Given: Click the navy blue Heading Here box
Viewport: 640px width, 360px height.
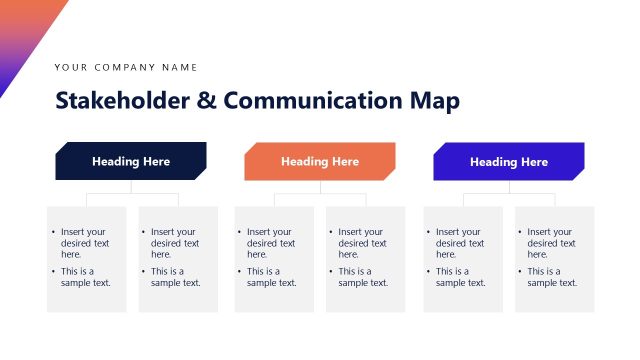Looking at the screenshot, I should [131, 161].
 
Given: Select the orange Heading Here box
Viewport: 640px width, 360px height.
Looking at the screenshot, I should [320, 161].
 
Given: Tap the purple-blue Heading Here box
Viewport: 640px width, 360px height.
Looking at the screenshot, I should [509, 161].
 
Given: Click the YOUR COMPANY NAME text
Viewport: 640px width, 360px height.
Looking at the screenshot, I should [126, 67].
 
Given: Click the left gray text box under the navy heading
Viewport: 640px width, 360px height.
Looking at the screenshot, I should [86, 259].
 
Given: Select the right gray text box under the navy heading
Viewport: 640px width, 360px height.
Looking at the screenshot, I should [178, 259].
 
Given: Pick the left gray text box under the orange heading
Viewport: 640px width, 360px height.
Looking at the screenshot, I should [274, 259].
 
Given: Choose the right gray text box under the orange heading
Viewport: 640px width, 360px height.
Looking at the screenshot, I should [365, 259].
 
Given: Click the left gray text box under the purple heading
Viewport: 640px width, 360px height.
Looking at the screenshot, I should [463, 259].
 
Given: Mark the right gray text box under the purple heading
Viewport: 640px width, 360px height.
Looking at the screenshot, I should [554, 259].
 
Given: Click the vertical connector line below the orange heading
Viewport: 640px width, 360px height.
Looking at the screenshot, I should [320, 187].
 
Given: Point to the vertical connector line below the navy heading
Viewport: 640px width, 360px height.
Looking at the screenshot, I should [131, 187].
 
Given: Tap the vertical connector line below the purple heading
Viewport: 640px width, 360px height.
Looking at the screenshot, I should [509, 187].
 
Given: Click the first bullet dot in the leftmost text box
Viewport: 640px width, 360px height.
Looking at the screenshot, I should [54, 232].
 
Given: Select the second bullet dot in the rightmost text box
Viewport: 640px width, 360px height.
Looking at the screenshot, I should [521, 271].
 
